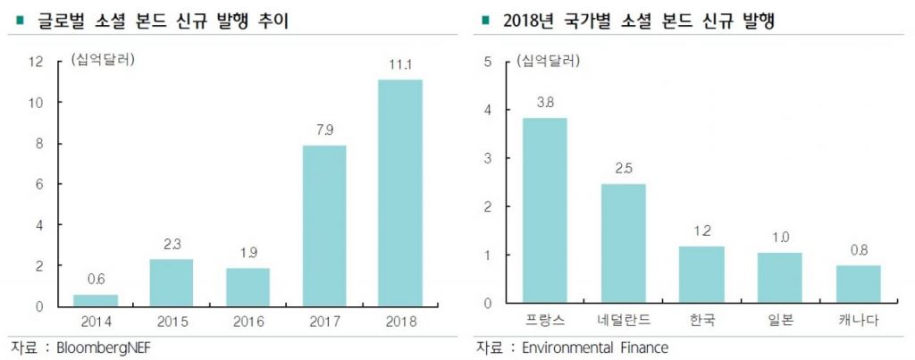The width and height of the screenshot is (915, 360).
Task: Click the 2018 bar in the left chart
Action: (399, 193)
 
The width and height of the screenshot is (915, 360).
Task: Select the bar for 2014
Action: (96, 300)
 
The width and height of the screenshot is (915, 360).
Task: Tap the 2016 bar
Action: (248, 287)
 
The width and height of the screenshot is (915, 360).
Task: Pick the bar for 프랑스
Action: (545, 211)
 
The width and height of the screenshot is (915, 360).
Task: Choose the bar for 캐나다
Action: (858, 284)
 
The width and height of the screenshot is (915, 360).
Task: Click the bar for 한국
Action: (701, 274)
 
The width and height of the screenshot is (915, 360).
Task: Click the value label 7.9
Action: (323, 131)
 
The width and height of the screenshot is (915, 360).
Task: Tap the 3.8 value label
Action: (545, 103)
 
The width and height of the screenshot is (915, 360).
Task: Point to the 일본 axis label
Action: (779, 320)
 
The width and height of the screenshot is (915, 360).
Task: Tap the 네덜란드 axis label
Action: (623, 320)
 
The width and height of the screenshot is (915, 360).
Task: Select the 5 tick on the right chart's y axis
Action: (488, 62)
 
